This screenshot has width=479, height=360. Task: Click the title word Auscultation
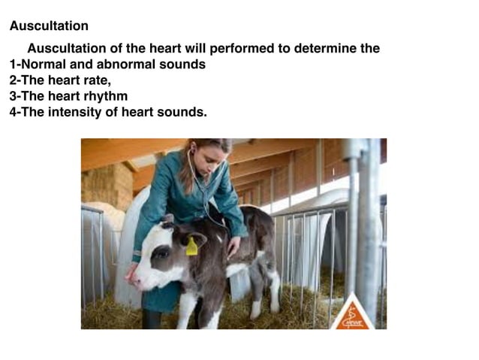click(x=49, y=26)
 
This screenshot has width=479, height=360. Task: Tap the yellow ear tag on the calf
click(x=191, y=247)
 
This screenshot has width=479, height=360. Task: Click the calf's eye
click(x=161, y=254)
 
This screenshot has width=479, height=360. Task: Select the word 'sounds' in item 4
click(x=184, y=112)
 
